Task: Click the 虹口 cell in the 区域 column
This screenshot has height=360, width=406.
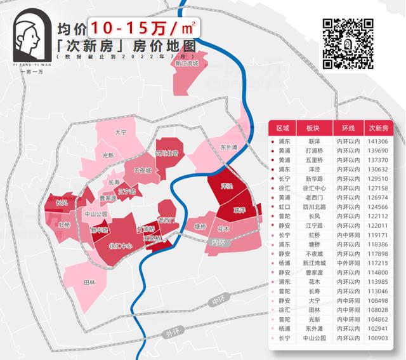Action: (284, 207)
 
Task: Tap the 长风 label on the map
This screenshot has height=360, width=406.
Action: (61, 203)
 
